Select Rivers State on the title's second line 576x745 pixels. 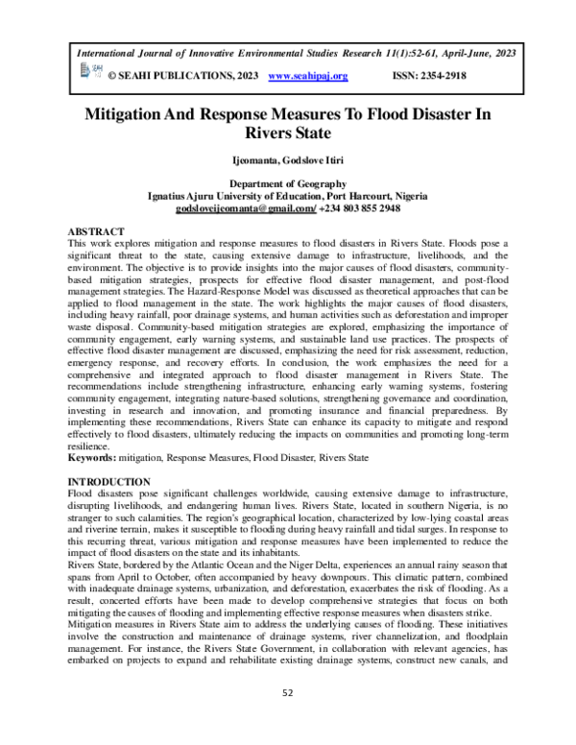click(287, 132)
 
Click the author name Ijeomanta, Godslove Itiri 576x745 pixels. click(287, 159)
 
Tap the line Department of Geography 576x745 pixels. click(287, 182)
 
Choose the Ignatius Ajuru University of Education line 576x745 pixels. click(287, 195)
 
